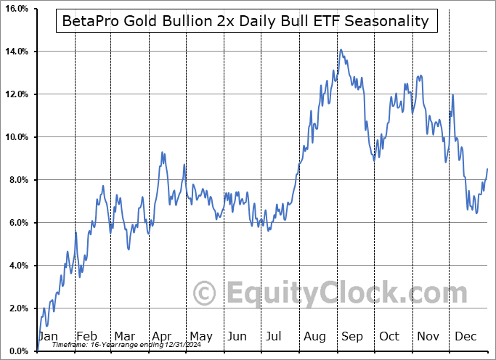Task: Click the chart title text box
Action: (x=245, y=22)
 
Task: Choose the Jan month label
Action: (x=48, y=337)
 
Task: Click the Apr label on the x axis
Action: (x=161, y=337)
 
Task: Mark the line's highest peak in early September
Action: (x=341, y=49)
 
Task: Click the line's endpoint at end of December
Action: (x=487, y=168)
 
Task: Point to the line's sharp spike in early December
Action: (x=453, y=94)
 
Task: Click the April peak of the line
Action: (x=162, y=152)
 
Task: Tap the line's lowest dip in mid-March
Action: (x=129, y=250)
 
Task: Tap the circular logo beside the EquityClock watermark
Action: (x=206, y=294)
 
